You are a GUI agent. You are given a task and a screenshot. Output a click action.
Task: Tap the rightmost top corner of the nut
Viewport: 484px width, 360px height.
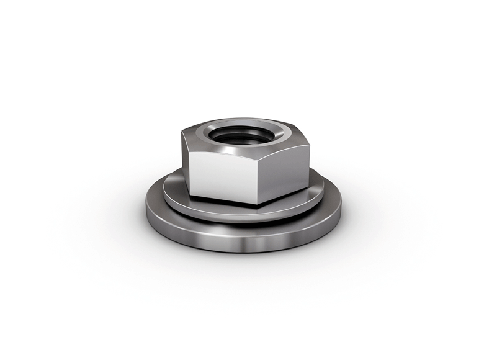(308, 143)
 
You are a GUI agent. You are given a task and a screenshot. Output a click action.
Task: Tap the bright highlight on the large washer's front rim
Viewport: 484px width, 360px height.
(248, 243)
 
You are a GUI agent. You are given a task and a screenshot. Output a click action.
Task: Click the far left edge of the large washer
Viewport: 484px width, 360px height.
(146, 214)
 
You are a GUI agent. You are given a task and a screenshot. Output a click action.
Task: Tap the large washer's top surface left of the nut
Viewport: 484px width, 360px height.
(156, 202)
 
